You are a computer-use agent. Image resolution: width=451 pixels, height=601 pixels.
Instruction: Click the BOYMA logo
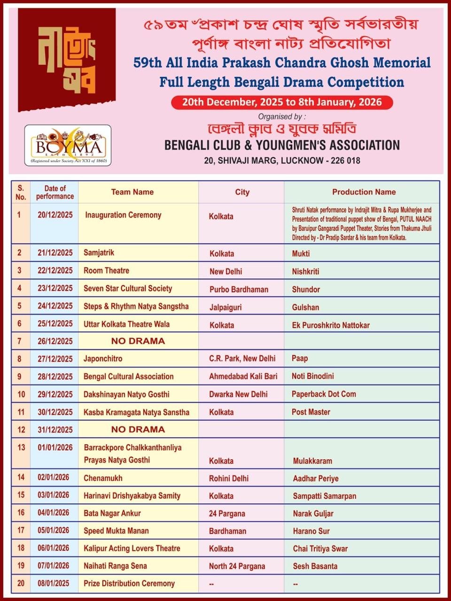point(68,146)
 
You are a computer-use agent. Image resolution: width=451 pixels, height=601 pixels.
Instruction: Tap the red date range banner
point(282,102)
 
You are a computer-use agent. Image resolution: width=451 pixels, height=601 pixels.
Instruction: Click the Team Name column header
point(132,192)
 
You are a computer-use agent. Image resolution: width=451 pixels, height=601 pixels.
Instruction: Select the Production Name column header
point(364,192)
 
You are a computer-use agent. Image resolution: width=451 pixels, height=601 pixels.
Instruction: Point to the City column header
point(242,192)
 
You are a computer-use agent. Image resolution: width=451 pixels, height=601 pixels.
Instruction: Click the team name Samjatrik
point(99,253)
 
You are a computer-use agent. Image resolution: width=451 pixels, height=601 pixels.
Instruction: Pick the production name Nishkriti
point(305,271)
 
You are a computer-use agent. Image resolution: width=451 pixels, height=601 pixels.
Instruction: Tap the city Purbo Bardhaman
point(239,289)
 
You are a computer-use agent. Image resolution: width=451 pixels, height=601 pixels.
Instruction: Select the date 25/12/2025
point(55,324)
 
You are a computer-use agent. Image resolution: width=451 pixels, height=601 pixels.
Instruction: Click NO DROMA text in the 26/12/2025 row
point(138,341)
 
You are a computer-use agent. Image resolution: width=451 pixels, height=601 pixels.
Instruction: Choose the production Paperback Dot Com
point(324,394)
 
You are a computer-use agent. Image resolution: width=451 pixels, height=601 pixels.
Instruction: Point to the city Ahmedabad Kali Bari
point(243,377)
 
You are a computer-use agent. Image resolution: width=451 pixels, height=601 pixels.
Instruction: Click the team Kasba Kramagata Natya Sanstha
point(136,412)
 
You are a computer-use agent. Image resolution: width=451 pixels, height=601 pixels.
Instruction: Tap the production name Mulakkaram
point(312,461)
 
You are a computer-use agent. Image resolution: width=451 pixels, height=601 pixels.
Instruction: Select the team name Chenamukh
point(103,478)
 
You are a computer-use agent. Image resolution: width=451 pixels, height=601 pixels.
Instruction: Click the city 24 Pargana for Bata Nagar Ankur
point(227,514)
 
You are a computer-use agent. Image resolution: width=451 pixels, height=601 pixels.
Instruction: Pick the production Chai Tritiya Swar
point(320,548)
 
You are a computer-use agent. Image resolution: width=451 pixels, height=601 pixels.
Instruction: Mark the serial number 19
point(21,566)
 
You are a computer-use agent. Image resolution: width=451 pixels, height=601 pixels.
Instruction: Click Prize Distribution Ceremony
point(129,584)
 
